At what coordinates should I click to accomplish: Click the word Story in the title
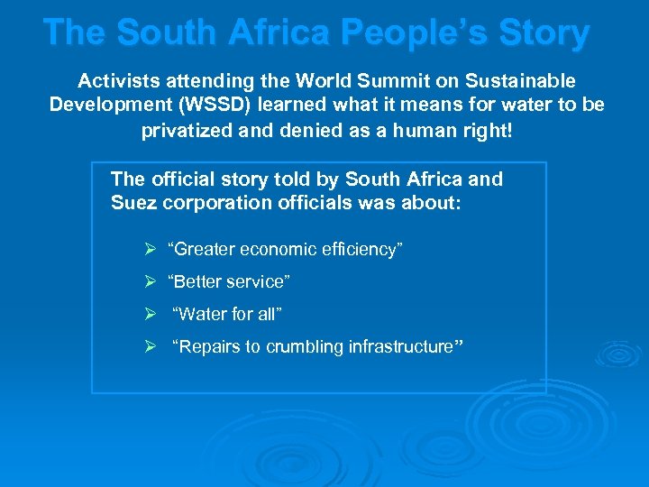546,32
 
